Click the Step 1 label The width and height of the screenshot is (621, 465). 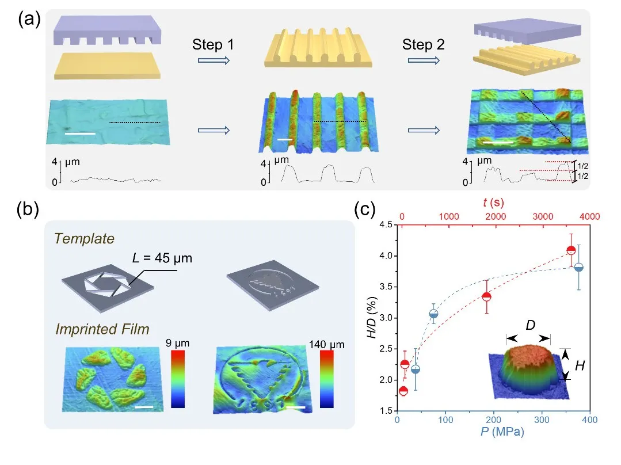pyautogui.click(x=213, y=44)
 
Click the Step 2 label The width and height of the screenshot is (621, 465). pyautogui.click(x=424, y=44)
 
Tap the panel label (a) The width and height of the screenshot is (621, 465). pyautogui.click(x=29, y=18)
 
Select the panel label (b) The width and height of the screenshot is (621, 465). pyautogui.click(x=28, y=209)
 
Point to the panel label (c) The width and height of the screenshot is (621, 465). pyautogui.click(x=365, y=209)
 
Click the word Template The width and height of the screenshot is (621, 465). pyautogui.click(x=84, y=238)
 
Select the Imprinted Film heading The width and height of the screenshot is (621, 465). pyautogui.click(x=102, y=329)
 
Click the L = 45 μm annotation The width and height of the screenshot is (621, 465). pyautogui.click(x=162, y=258)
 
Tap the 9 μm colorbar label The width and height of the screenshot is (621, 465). pyautogui.click(x=177, y=342)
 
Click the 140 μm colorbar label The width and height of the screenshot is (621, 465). pyautogui.click(x=327, y=344)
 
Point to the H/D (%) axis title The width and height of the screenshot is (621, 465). pyautogui.click(x=372, y=317)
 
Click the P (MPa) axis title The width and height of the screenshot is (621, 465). pyautogui.click(x=502, y=431)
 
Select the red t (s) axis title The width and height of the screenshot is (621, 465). pyautogui.click(x=493, y=203)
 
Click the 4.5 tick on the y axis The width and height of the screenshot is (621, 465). pyautogui.click(x=386, y=224)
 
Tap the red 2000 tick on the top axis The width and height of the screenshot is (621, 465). pyautogui.click(x=496, y=216)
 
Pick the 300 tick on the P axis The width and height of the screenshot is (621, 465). pyautogui.click(x=542, y=420)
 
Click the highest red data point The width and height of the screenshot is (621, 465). pyautogui.click(x=571, y=250)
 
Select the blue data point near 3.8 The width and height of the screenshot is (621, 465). pyautogui.click(x=578, y=268)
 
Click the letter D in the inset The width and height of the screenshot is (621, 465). pyautogui.click(x=530, y=326)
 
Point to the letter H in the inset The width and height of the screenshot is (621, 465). pyautogui.click(x=580, y=365)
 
